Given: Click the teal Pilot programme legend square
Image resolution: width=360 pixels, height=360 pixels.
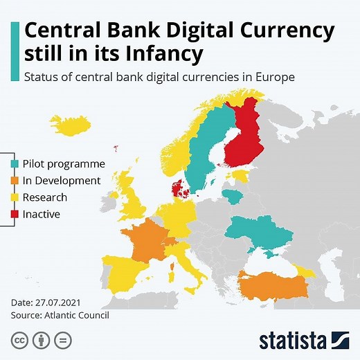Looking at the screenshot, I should pos(15,164).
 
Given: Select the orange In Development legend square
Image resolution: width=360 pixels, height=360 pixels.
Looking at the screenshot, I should pos(15,181).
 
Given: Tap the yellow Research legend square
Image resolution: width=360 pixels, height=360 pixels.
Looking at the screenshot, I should pos(15,197).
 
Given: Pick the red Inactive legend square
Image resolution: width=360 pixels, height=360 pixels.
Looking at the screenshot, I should pos(15,214).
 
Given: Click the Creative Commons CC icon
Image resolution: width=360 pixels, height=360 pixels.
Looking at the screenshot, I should pos(18,340).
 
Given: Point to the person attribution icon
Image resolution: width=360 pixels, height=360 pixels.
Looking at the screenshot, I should pos(40,340).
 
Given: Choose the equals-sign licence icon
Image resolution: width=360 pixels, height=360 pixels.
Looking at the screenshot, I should pos(62,340).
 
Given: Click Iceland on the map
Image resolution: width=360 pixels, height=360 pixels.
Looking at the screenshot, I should pos(71,126).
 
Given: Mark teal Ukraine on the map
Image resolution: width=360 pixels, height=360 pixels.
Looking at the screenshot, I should pos(260,232).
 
